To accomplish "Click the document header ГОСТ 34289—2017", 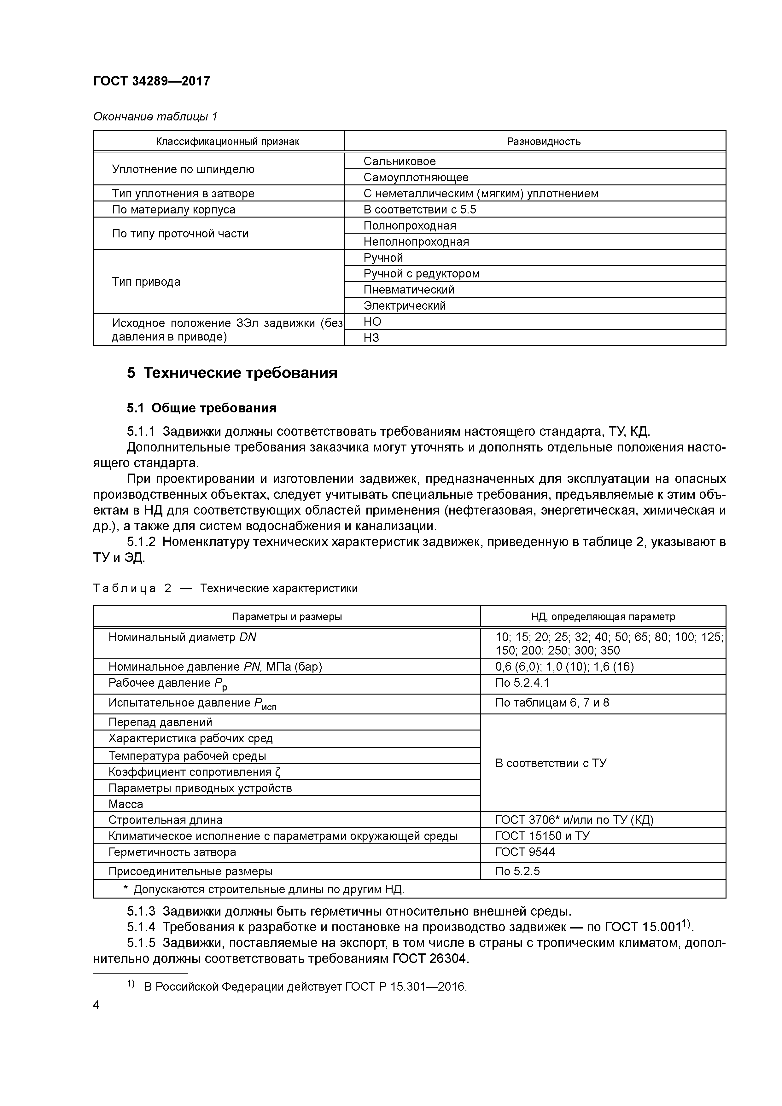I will pyautogui.click(x=152, y=81).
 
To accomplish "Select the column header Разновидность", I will pyautogui.click(x=544, y=142).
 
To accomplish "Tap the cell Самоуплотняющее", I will pyautogui.click(x=416, y=177).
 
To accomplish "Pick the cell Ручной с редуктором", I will pyautogui.click(x=421, y=274).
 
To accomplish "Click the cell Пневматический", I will pyautogui.click(x=409, y=289).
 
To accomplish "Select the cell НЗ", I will pyautogui.click(x=371, y=338).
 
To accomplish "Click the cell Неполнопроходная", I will pyautogui.click(x=416, y=241).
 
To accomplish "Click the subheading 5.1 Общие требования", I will pyautogui.click(x=201, y=408).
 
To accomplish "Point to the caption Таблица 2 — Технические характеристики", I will pyautogui.click(x=225, y=588).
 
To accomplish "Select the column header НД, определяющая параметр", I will pyautogui.click(x=603, y=617).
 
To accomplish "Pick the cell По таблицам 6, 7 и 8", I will pyautogui.click(x=552, y=702).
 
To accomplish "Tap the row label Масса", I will pyautogui.click(x=126, y=804).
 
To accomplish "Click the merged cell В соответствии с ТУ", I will pyautogui.click(x=551, y=763).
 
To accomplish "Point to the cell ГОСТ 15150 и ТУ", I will pyautogui.click(x=542, y=836).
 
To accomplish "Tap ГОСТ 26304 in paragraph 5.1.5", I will pyautogui.click(x=430, y=958).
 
